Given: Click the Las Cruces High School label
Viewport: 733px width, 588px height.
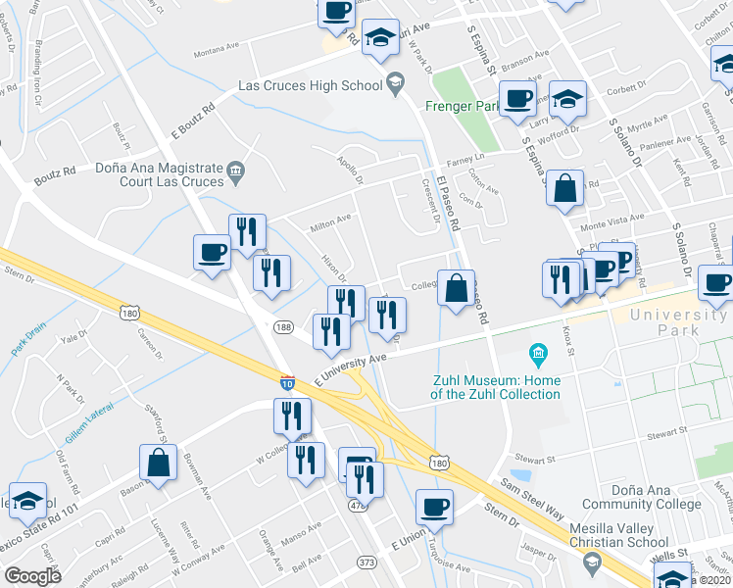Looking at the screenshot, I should (x=311, y=85).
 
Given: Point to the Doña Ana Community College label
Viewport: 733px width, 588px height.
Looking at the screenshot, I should (x=637, y=497).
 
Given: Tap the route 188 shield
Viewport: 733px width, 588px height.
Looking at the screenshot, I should (x=284, y=327).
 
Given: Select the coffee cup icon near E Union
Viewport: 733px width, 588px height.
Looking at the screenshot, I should (x=434, y=508).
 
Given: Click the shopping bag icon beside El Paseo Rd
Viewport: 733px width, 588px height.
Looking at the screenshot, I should (x=456, y=289).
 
